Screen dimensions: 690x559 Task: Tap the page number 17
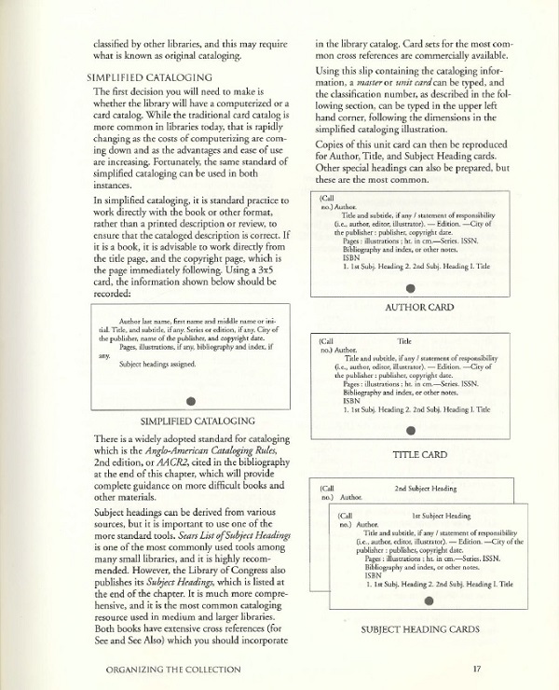click(x=476, y=668)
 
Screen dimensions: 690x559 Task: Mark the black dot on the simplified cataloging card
click(x=190, y=401)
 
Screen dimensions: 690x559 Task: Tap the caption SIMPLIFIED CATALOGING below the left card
click(x=190, y=421)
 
